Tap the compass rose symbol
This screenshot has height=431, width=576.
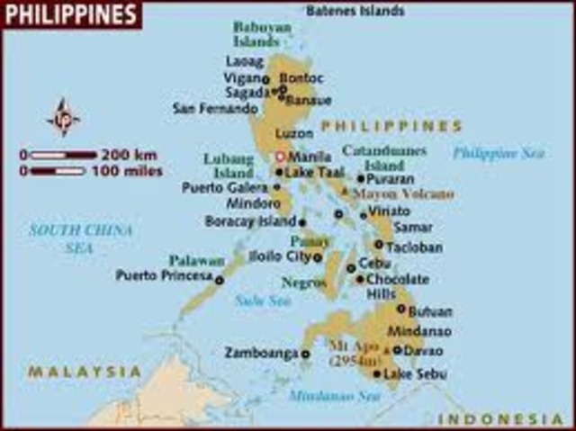[x=63, y=117]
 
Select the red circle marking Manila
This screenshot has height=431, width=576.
[x=280, y=157]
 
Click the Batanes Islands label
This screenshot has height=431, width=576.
[x=355, y=11]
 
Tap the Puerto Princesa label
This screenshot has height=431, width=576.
[x=163, y=275]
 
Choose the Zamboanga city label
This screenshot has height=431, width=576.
[x=260, y=353]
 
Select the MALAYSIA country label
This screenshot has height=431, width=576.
[x=84, y=371]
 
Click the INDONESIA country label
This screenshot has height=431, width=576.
[x=500, y=419]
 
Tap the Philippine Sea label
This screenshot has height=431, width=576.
[x=499, y=153]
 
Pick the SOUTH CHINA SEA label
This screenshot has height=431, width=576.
[x=80, y=238]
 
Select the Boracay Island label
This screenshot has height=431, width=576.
[x=250, y=220]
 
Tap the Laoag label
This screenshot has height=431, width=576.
[x=245, y=61]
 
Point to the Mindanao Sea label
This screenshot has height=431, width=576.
[x=334, y=395]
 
